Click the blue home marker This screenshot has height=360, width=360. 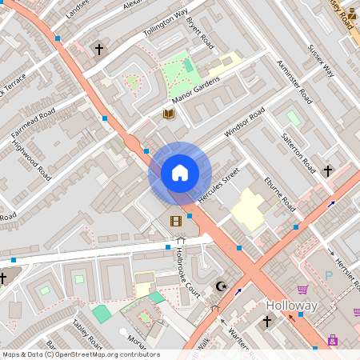coord(180,172)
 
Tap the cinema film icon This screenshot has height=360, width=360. coord(175,220)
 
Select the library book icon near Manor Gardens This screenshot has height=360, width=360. coord(168,114)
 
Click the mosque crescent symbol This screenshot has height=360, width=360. coord(222,286)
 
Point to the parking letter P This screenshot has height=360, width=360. coord(328,275)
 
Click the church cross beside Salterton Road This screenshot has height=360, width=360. coord(327,171)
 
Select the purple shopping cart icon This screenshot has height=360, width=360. coord(303,290)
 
